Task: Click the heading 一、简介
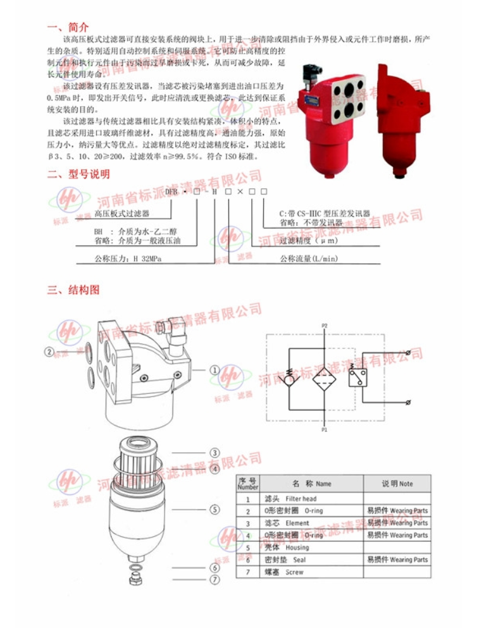point(68,27)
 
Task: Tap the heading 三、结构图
point(73,291)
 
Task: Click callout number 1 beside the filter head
point(214,370)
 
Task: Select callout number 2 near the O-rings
point(49,352)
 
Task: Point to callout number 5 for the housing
point(214,508)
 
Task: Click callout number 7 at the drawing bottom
point(214,579)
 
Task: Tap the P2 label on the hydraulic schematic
point(324,326)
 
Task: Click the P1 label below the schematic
point(324,429)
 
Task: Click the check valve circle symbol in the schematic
point(288,379)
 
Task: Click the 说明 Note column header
point(397,484)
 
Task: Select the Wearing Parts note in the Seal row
point(397,560)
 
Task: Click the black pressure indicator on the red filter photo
point(309,75)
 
